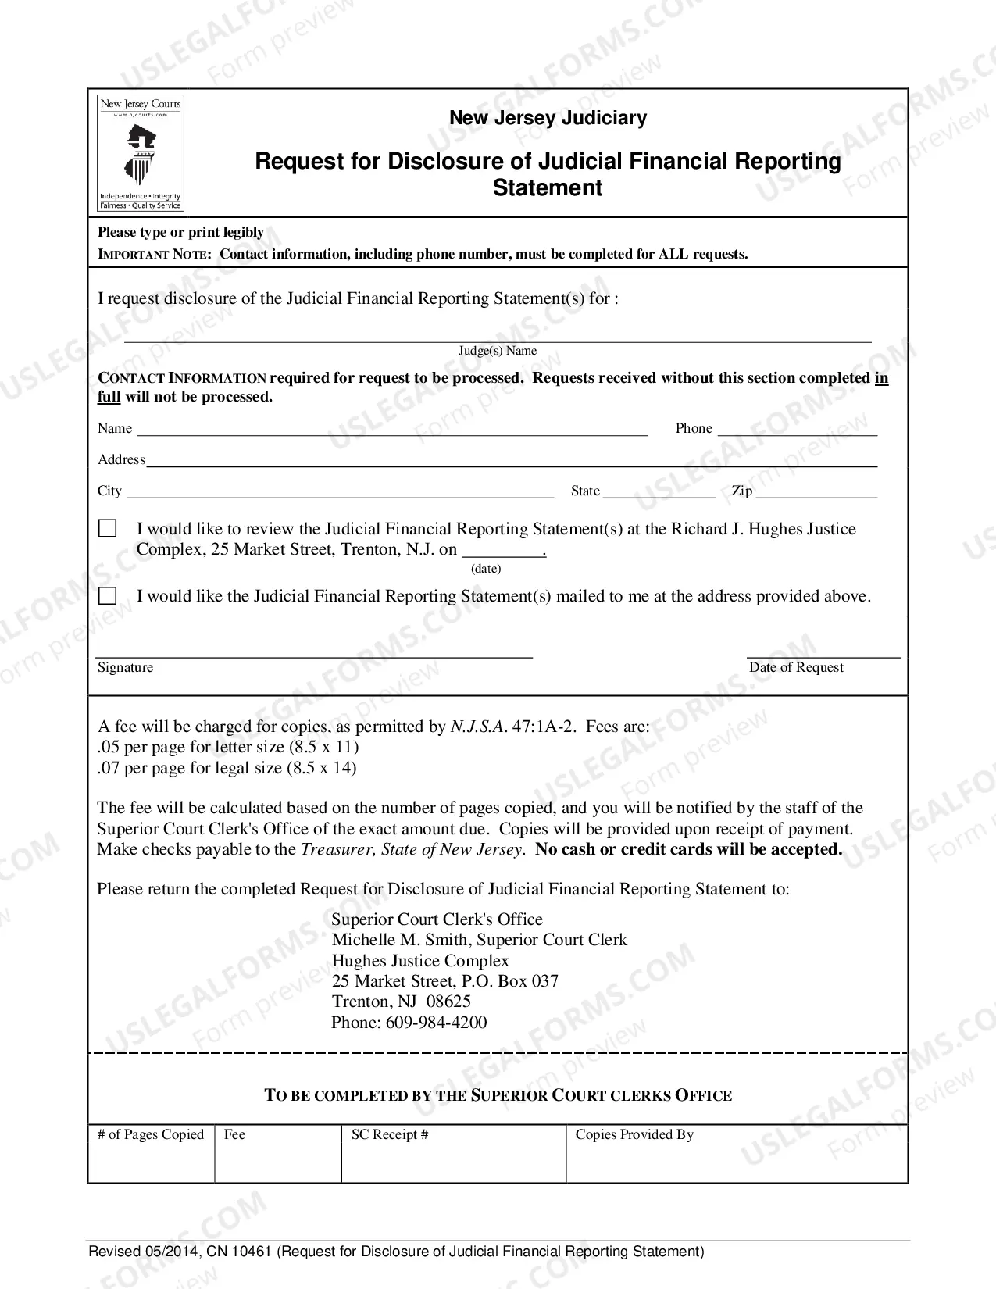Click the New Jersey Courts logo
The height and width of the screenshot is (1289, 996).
click(x=141, y=153)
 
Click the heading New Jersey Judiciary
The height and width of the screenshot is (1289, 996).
click(x=548, y=118)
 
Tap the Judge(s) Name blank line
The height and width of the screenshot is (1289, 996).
click(x=498, y=338)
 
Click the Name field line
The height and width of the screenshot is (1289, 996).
click(x=391, y=430)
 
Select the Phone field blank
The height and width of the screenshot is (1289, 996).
click(x=797, y=430)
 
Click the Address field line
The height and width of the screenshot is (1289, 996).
click(x=512, y=462)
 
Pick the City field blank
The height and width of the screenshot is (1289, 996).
click(x=340, y=493)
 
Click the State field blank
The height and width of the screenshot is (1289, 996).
click(x=659, y=493)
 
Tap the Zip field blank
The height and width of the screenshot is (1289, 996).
click(x=816, y=493)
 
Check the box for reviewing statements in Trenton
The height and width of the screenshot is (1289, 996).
click(x=108, y=529)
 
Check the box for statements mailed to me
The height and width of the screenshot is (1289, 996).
click(x=108, y=596)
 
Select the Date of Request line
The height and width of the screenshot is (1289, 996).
click(x=823, y=655)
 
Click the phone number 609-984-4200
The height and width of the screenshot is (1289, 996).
click(x=436, y=1023)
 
